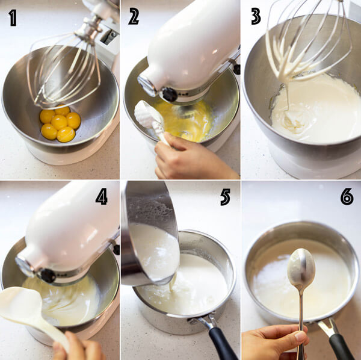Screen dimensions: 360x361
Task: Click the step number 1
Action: pyautogui.click(x=12, y=17)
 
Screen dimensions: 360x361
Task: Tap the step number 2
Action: pyautogui.click(x=134, y=17)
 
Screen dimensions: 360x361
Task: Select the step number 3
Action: pyautogui.click(x=256, y=16)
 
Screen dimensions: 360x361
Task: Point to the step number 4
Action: pyautogui.click(x=102, y=196)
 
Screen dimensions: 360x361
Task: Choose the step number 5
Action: pyautogui.click(x=225, y=196)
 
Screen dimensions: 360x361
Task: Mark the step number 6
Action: pyautogui.click(x=347, y=196)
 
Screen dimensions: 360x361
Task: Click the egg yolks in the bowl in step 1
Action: pyautogui.click(x=60, y=123)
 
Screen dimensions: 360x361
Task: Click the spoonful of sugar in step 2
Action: pyautogui.click(x=145, y=114)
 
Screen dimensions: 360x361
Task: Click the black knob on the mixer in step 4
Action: pyautogui.click(x=47, y=275)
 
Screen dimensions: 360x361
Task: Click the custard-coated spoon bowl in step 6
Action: pyautogui.click(x=301, y=268)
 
